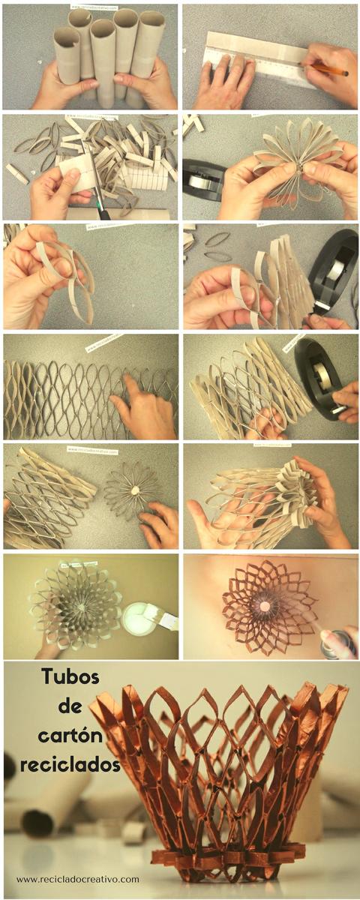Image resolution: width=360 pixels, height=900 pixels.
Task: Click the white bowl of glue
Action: [x=142, y=619]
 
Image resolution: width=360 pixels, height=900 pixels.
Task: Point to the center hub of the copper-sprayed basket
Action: [x=265, y=604]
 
